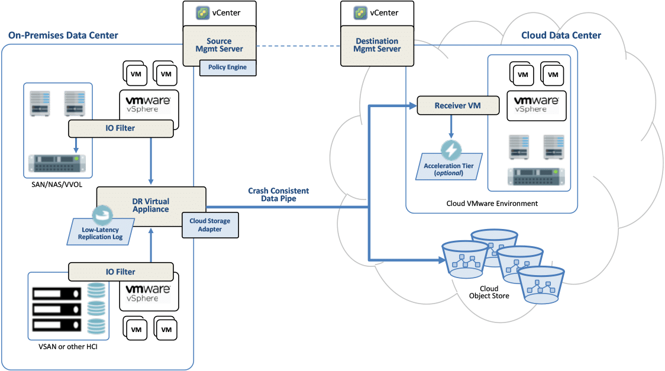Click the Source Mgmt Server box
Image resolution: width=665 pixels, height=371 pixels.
219,46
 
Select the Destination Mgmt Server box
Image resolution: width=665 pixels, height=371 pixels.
377,46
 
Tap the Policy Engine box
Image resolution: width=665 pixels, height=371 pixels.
227,67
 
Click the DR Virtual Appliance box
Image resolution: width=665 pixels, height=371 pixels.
151,205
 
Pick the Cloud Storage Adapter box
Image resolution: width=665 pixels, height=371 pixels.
210,225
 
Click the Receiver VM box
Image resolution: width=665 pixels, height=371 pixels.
457,106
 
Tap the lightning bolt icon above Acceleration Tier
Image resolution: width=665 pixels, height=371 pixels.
451,150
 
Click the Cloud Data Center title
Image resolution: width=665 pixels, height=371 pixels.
561,36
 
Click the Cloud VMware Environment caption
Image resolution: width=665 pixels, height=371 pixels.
492,204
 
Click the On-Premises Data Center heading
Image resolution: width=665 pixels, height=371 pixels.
63,36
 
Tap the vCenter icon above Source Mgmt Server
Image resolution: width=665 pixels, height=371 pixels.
204,12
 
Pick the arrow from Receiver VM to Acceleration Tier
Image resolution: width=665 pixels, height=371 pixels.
451,127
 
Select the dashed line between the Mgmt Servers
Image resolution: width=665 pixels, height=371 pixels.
299,46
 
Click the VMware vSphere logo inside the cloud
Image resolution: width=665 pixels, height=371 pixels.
536,105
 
